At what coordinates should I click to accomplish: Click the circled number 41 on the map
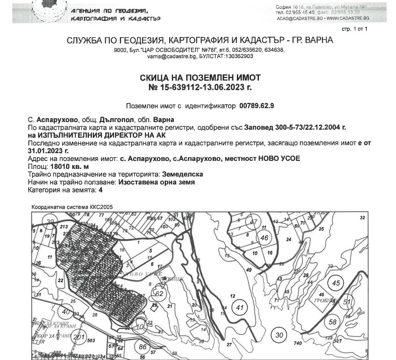click(x=239, y=308)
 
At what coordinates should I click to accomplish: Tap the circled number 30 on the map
click(x=279, y=335)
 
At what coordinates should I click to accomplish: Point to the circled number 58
click(x=333, y=322)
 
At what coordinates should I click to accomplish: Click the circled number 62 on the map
click(x=159, y=294)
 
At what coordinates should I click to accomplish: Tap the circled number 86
click(x=143, y=346)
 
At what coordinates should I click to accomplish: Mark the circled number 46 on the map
click(x=264, y=238)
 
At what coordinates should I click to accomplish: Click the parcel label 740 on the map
click(x=297, y=343)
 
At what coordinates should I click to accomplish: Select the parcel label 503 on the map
click(x=91, y=341)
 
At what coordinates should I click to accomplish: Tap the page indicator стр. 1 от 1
click(x=354, y=29)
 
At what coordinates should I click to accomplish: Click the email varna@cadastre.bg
click(x=165, y=56)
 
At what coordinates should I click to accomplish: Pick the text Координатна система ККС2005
click(x=72, y=207)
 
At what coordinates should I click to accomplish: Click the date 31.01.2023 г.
click(x=48, y=150)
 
